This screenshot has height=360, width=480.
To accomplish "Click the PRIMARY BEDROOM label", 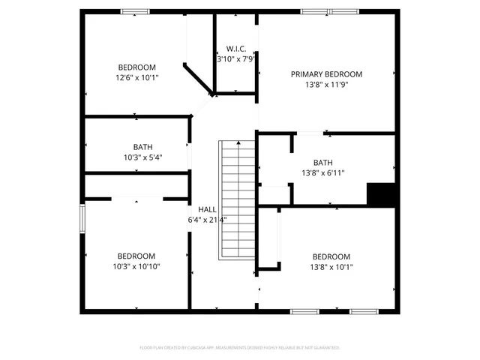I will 326,74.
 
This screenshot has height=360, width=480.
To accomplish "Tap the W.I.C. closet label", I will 236,48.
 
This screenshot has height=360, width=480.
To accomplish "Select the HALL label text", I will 208,209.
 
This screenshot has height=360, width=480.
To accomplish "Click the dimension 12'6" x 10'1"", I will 136,77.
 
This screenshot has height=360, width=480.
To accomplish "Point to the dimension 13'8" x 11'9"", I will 326,85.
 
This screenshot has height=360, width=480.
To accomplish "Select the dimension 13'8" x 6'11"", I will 322,173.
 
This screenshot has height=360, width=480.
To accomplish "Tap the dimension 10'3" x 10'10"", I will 136,266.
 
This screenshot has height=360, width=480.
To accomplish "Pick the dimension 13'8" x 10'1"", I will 331,266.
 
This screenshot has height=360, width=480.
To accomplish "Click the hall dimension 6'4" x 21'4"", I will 208,220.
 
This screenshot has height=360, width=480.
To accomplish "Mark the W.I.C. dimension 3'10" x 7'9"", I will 236,58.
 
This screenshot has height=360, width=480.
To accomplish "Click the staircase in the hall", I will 237,199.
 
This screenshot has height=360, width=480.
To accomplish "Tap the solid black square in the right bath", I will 380,193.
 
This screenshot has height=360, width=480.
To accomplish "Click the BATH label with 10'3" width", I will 142,147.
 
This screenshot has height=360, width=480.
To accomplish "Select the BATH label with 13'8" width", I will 322,163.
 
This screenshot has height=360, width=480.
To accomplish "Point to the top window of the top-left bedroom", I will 135,11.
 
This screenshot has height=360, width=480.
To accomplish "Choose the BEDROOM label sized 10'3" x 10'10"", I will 136,256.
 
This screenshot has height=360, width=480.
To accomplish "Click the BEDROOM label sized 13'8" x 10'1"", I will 331,256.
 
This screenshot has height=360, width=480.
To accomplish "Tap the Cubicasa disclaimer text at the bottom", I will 240,348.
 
